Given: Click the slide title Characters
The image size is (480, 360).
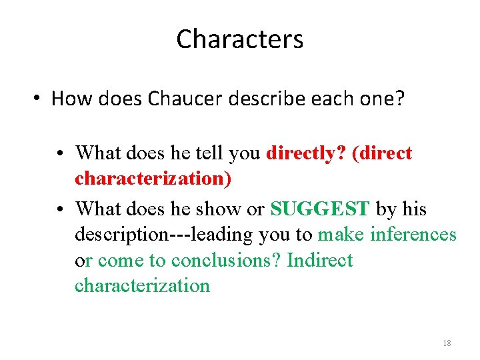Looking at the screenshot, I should [239, 39].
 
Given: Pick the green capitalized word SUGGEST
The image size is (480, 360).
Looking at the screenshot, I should [319, 209].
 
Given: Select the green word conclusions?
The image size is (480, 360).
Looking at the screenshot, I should [226, 260].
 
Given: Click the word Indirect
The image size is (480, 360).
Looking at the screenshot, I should [320, 260].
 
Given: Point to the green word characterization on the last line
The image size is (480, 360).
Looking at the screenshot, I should [142, 286].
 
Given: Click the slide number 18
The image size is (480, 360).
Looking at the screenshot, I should [447, 343].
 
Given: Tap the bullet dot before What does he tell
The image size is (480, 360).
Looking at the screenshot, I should [61, 154].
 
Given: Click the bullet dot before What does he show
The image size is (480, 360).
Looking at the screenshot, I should [61, 209].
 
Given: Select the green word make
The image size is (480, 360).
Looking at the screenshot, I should [341, 235].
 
